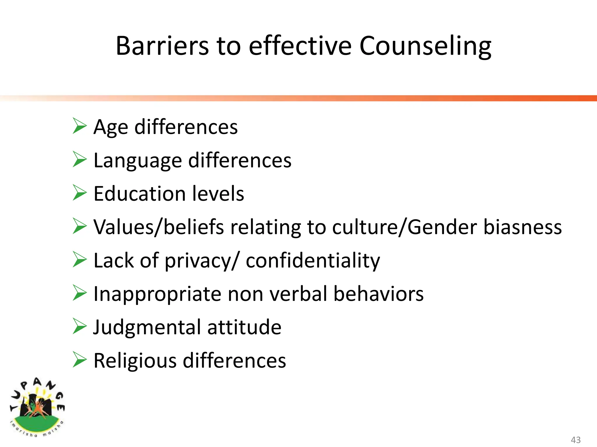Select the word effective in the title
pyautogui.click(x=300, y=46)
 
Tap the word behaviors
pyautogui.click(x=378, y=294)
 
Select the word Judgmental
pyautogui.click(x=147, y=328)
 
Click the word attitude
pyautogui.click(x=244, y=327)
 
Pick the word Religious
pyautogui.click(x=135, y=361)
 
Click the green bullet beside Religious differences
pyautogui.click(x=80, y=360)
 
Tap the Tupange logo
pyautogui.click(x=37, y=407)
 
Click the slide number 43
pyautogui.click(x=576, y=440)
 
